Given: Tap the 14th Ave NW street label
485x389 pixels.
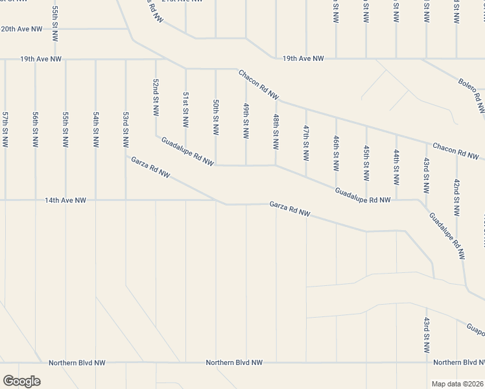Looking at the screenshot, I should [65, 201].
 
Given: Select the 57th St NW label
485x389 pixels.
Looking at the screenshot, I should [5, 129].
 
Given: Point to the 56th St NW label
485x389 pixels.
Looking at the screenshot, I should [36, 129].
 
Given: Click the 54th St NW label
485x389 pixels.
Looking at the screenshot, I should [96, 129].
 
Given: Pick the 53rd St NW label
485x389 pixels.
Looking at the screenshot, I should [126, 129].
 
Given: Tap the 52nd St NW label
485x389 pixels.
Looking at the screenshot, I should [156, 97].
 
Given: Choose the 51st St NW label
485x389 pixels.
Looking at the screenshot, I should [185, 110].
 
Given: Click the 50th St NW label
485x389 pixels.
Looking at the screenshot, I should [216, 117].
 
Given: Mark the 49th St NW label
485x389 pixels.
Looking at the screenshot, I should [246, 121].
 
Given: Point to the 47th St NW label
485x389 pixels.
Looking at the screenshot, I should [305, 143].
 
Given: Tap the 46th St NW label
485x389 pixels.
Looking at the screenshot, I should [336, 153].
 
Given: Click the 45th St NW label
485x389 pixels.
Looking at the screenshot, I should [366, 162].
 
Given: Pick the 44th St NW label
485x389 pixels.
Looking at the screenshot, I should [396, 166].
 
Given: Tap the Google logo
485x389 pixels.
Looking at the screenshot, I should [21, 381].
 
